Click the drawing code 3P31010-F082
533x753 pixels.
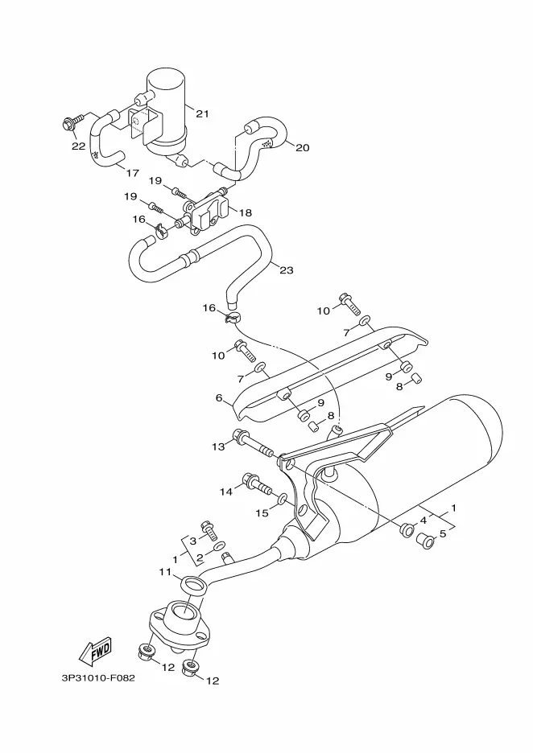98,677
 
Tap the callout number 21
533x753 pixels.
202,113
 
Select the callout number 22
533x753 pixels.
78,146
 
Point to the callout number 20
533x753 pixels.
302,147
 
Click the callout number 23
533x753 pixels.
287,270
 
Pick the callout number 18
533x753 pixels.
245,212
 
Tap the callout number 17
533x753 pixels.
132,173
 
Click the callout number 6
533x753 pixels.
219,397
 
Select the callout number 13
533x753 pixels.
218,446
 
